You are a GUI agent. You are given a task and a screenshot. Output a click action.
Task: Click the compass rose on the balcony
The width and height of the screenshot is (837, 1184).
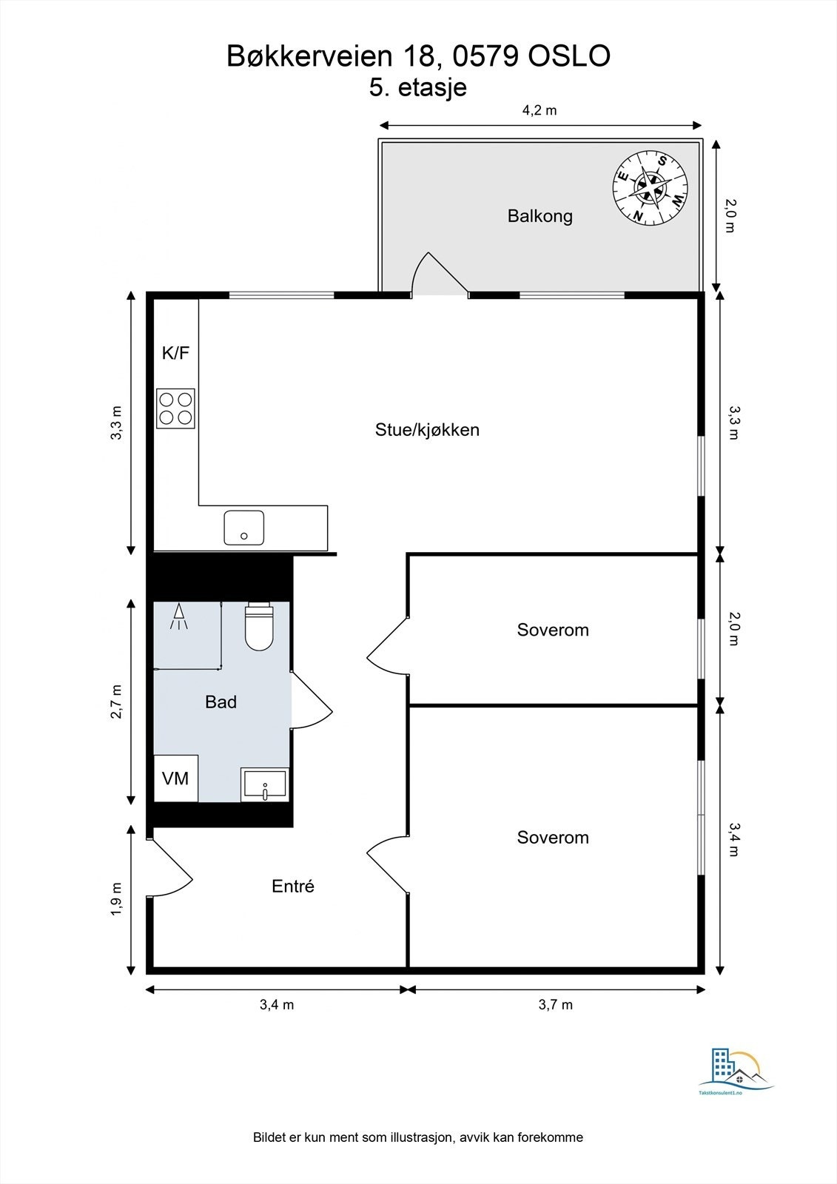click(650, 188)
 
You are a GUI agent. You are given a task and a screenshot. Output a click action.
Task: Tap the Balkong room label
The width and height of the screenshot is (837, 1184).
click(539, 216)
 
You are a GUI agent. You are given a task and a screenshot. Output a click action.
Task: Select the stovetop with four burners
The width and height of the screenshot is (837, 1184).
click(175, 408)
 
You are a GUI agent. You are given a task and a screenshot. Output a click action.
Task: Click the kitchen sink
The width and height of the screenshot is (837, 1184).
click(243, 528)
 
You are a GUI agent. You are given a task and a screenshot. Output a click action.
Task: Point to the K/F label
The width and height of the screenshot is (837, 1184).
click(175, 352)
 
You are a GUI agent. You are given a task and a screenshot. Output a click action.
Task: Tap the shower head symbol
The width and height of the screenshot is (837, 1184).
click(179, 616)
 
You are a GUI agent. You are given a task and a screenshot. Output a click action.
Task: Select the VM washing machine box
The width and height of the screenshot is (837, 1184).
click(175, 778)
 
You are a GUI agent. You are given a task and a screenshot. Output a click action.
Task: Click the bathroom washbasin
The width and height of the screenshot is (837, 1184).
click(265, 784)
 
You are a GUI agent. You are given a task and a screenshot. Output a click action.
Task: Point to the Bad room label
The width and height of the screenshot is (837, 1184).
click(221, 702)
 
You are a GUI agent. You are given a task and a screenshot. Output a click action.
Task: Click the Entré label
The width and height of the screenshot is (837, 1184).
click(293, 886)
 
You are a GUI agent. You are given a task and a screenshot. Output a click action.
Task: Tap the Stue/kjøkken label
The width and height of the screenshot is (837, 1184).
click(427, 430)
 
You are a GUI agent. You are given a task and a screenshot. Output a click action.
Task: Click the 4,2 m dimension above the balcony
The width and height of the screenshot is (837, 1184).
click(539, 110)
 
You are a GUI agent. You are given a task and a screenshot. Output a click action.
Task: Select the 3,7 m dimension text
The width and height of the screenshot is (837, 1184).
click(556, 1004)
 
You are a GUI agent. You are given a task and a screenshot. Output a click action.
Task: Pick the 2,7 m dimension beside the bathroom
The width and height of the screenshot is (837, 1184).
click(116, 702)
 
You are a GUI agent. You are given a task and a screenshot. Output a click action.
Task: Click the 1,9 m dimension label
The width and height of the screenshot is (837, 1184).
click(116, 899)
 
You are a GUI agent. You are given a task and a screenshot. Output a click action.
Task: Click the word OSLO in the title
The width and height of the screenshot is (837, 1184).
click(569, 56)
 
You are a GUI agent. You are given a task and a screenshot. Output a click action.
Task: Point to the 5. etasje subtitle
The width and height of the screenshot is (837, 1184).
click(417, 87)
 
